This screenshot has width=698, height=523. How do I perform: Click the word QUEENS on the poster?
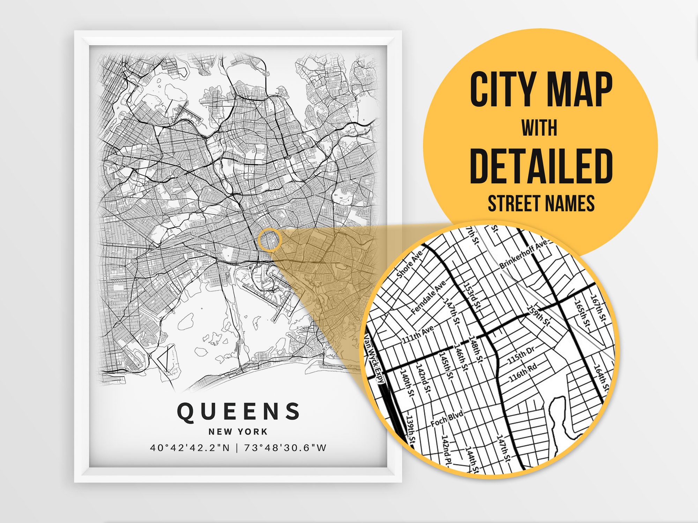238,411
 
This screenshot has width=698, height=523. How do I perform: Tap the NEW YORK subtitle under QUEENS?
238,432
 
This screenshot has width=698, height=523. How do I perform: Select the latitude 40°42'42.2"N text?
190,448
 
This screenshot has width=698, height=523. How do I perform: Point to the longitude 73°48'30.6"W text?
285,448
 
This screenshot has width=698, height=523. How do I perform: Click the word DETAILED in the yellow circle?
541,167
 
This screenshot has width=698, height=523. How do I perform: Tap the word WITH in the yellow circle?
540,128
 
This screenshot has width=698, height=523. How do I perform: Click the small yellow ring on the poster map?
270,240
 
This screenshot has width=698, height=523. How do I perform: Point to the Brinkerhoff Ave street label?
523,255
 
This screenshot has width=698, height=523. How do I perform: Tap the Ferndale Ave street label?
429,297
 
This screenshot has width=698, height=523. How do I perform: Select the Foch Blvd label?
447,418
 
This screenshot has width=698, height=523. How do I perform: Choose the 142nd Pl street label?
447,450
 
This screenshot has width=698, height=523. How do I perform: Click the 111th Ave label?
418,334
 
